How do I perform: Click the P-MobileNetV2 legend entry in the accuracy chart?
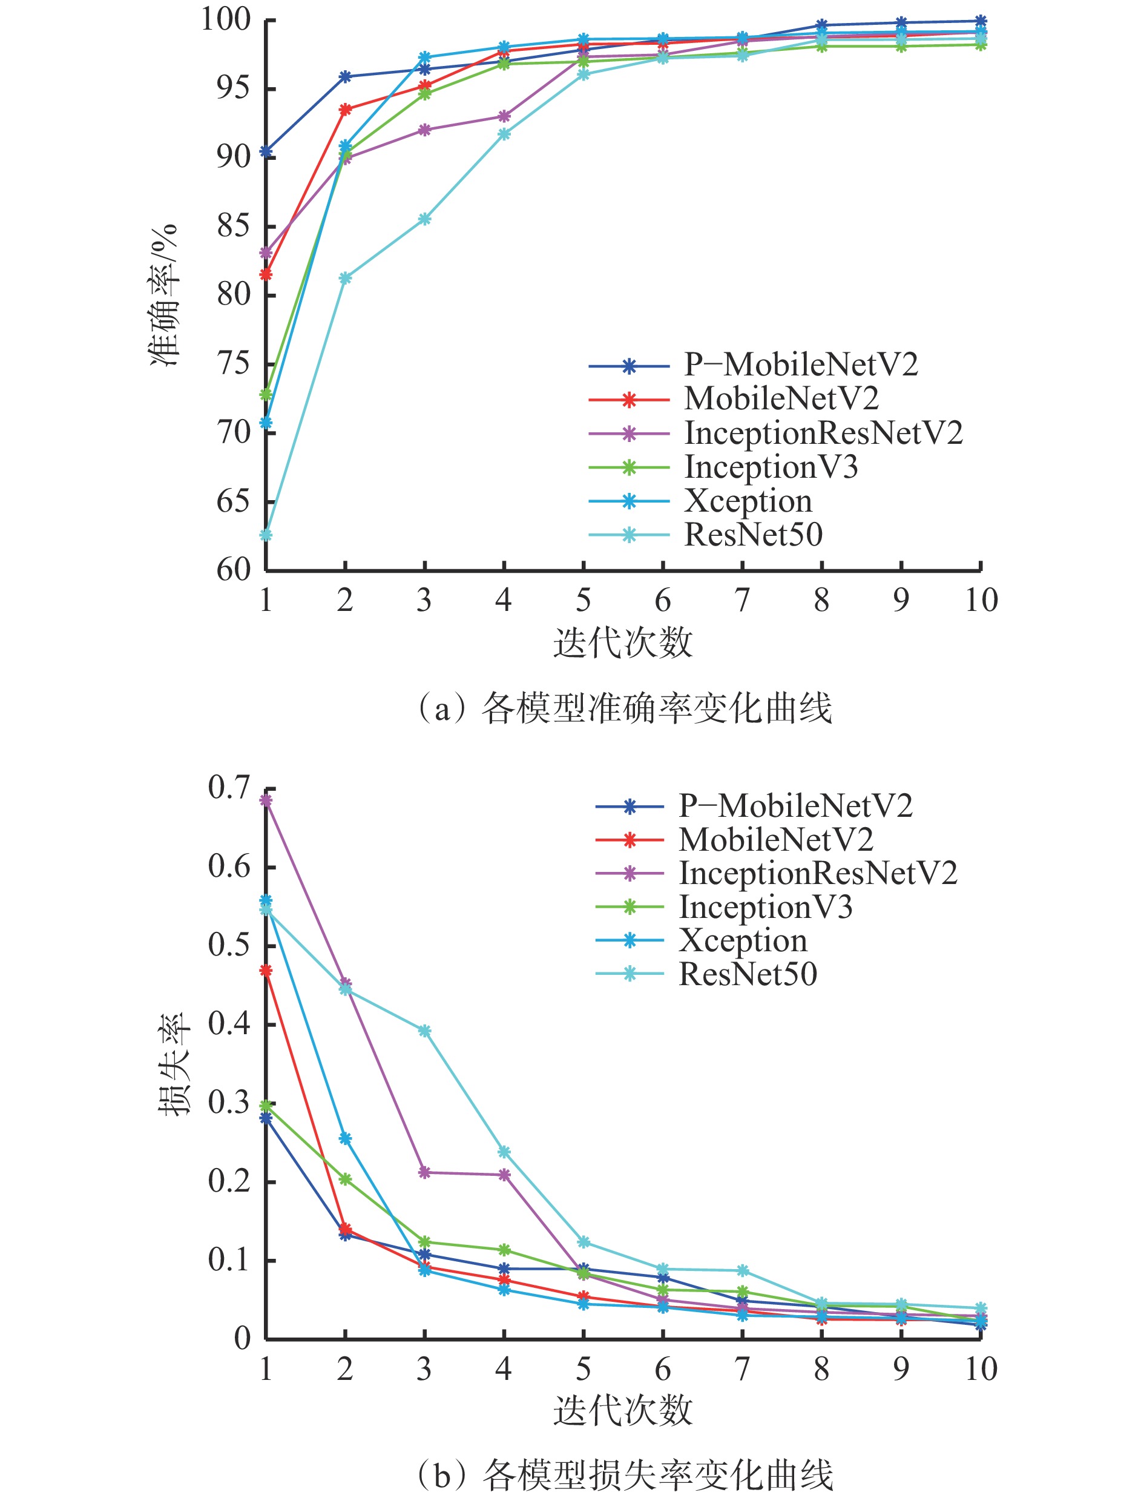[x=801, y=365]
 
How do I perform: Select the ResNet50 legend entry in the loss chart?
[x=748, y=974]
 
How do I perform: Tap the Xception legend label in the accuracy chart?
[x=748, y=501]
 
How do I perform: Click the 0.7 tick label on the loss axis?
[x=229, y=788]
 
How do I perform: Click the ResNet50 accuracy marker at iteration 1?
[x=266, y=535]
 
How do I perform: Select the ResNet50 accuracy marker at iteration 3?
[x=424, y=219]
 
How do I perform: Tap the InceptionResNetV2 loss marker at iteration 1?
[x=266, y=800]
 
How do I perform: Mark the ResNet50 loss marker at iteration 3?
[x=424, y=1031]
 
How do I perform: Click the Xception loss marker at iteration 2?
[x=345, y=1138]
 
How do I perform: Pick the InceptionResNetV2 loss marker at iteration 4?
[x=504, y=1175]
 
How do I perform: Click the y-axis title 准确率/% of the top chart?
[x=163, y=294]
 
